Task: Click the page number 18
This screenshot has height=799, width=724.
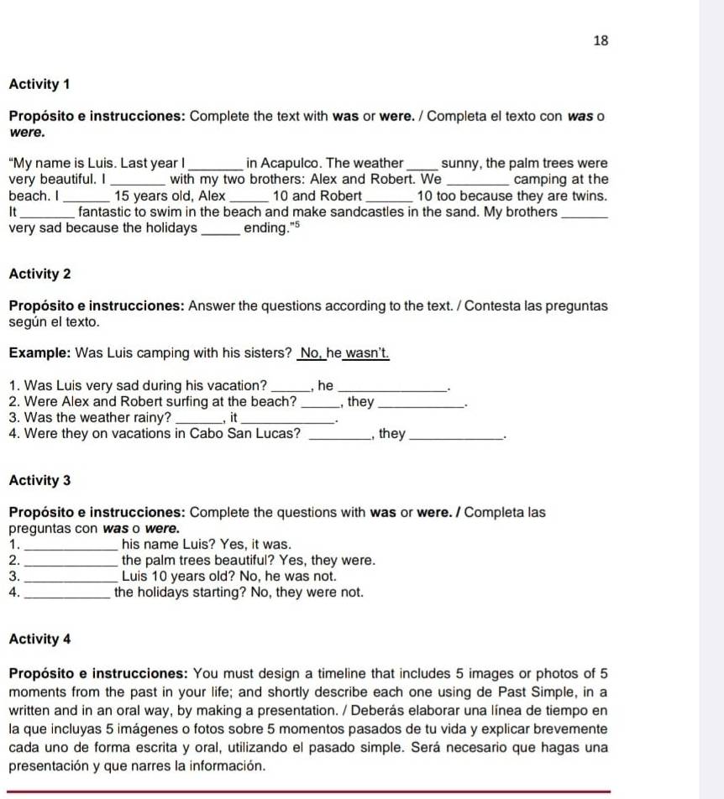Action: pos(600,40)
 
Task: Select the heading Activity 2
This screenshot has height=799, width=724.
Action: pos(40,274)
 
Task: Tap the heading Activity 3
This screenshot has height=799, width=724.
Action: pos(40,481)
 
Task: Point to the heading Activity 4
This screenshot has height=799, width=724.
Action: pos(40,639)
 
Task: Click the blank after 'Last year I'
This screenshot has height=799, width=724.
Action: pos(217,164)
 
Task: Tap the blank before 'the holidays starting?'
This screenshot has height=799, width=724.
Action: pos(69,593)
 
